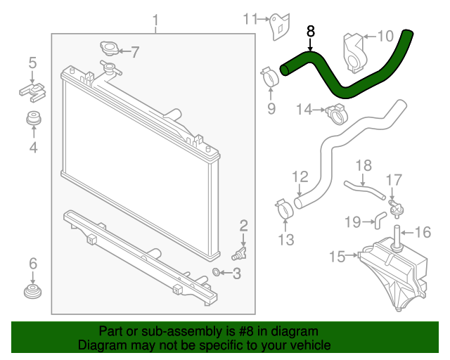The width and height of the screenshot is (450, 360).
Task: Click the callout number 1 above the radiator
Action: pos(156,19)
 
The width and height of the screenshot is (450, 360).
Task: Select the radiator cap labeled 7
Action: pos(110,50)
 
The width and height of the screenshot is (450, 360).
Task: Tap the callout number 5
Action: pos(32,63)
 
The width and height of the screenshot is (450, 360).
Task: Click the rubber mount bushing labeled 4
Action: pos(32,120)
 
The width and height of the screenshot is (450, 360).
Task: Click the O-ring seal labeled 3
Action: pos(217,272)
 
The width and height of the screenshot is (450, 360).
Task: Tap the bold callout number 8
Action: pos(311,32)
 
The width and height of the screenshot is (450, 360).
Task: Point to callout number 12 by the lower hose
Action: pos(300,176)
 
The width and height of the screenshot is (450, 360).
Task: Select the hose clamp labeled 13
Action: pos(284,207)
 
